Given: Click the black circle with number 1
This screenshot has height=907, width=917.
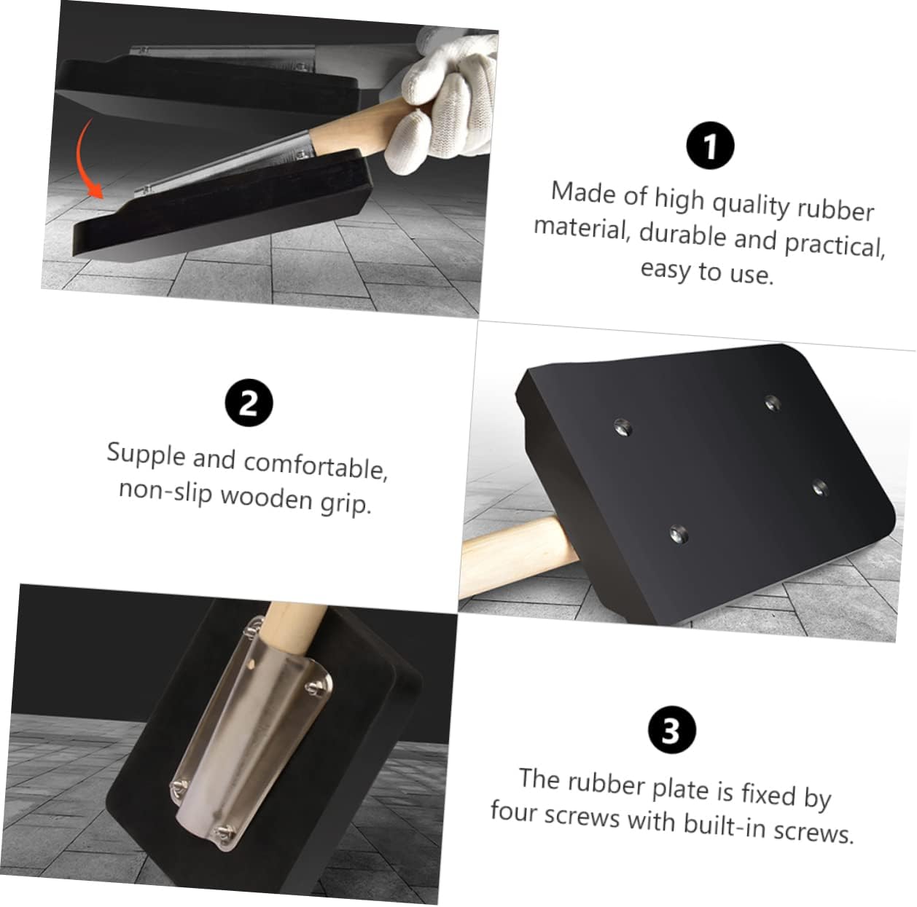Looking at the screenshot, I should tap(710, 146).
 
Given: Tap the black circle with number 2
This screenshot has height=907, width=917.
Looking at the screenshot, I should tap(249, 403).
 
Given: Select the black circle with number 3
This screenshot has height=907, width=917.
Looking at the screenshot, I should tap(671, 731).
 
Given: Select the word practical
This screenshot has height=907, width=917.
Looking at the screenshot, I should tap(834, 246).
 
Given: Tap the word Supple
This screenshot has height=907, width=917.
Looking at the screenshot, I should tap(146, 454).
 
